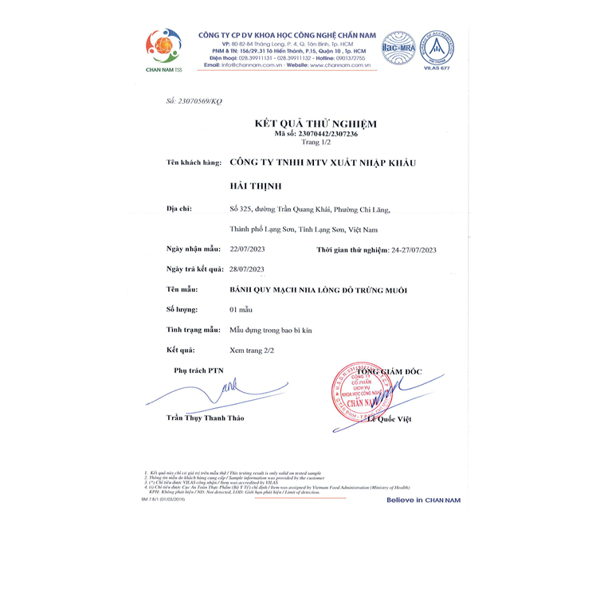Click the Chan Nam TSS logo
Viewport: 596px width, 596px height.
pyautogui.click(x=163, y=49)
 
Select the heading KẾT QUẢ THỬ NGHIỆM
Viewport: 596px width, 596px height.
pyautogui.click(x=304, y=124)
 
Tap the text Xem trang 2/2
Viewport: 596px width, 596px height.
pyautogui.click(x=252, y=351)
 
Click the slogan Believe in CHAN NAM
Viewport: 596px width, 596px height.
pyautogui.click(x=423, y=500)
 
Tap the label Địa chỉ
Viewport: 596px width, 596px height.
pyautogui.click(x=179, y=209)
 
